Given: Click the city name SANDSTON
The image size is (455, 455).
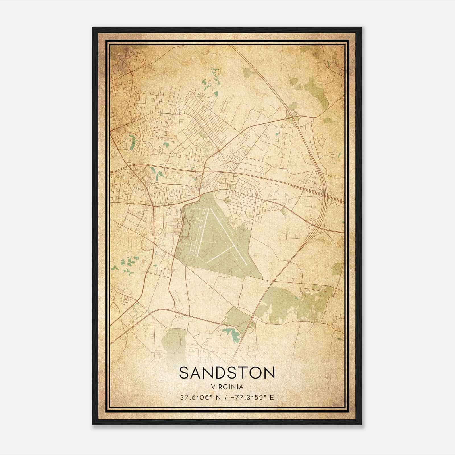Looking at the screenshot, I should click(227, 373).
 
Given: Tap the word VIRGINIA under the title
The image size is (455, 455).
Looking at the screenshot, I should click(227, 387).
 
